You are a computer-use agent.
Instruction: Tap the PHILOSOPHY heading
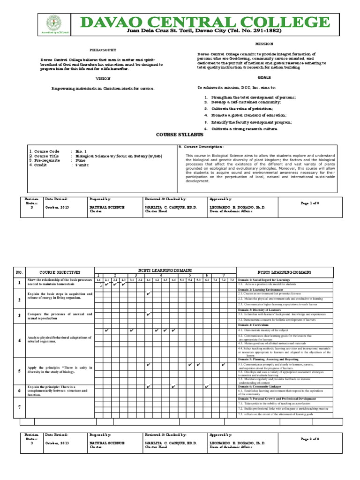[x=103, y=50]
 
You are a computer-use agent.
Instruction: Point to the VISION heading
[x=103, y=79]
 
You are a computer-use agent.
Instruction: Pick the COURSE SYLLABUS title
[x=180, y=135]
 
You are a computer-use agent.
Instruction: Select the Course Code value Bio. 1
[x=82, y=151]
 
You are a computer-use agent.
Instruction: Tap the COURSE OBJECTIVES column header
[x=60, y=272]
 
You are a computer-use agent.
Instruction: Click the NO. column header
[x=19, y=272]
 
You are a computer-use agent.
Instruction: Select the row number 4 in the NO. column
[x=19, y=340]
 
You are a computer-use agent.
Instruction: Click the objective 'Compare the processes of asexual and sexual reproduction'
[x=60, y=316]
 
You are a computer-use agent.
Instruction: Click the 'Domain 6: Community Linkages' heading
[x=262, y=387]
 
